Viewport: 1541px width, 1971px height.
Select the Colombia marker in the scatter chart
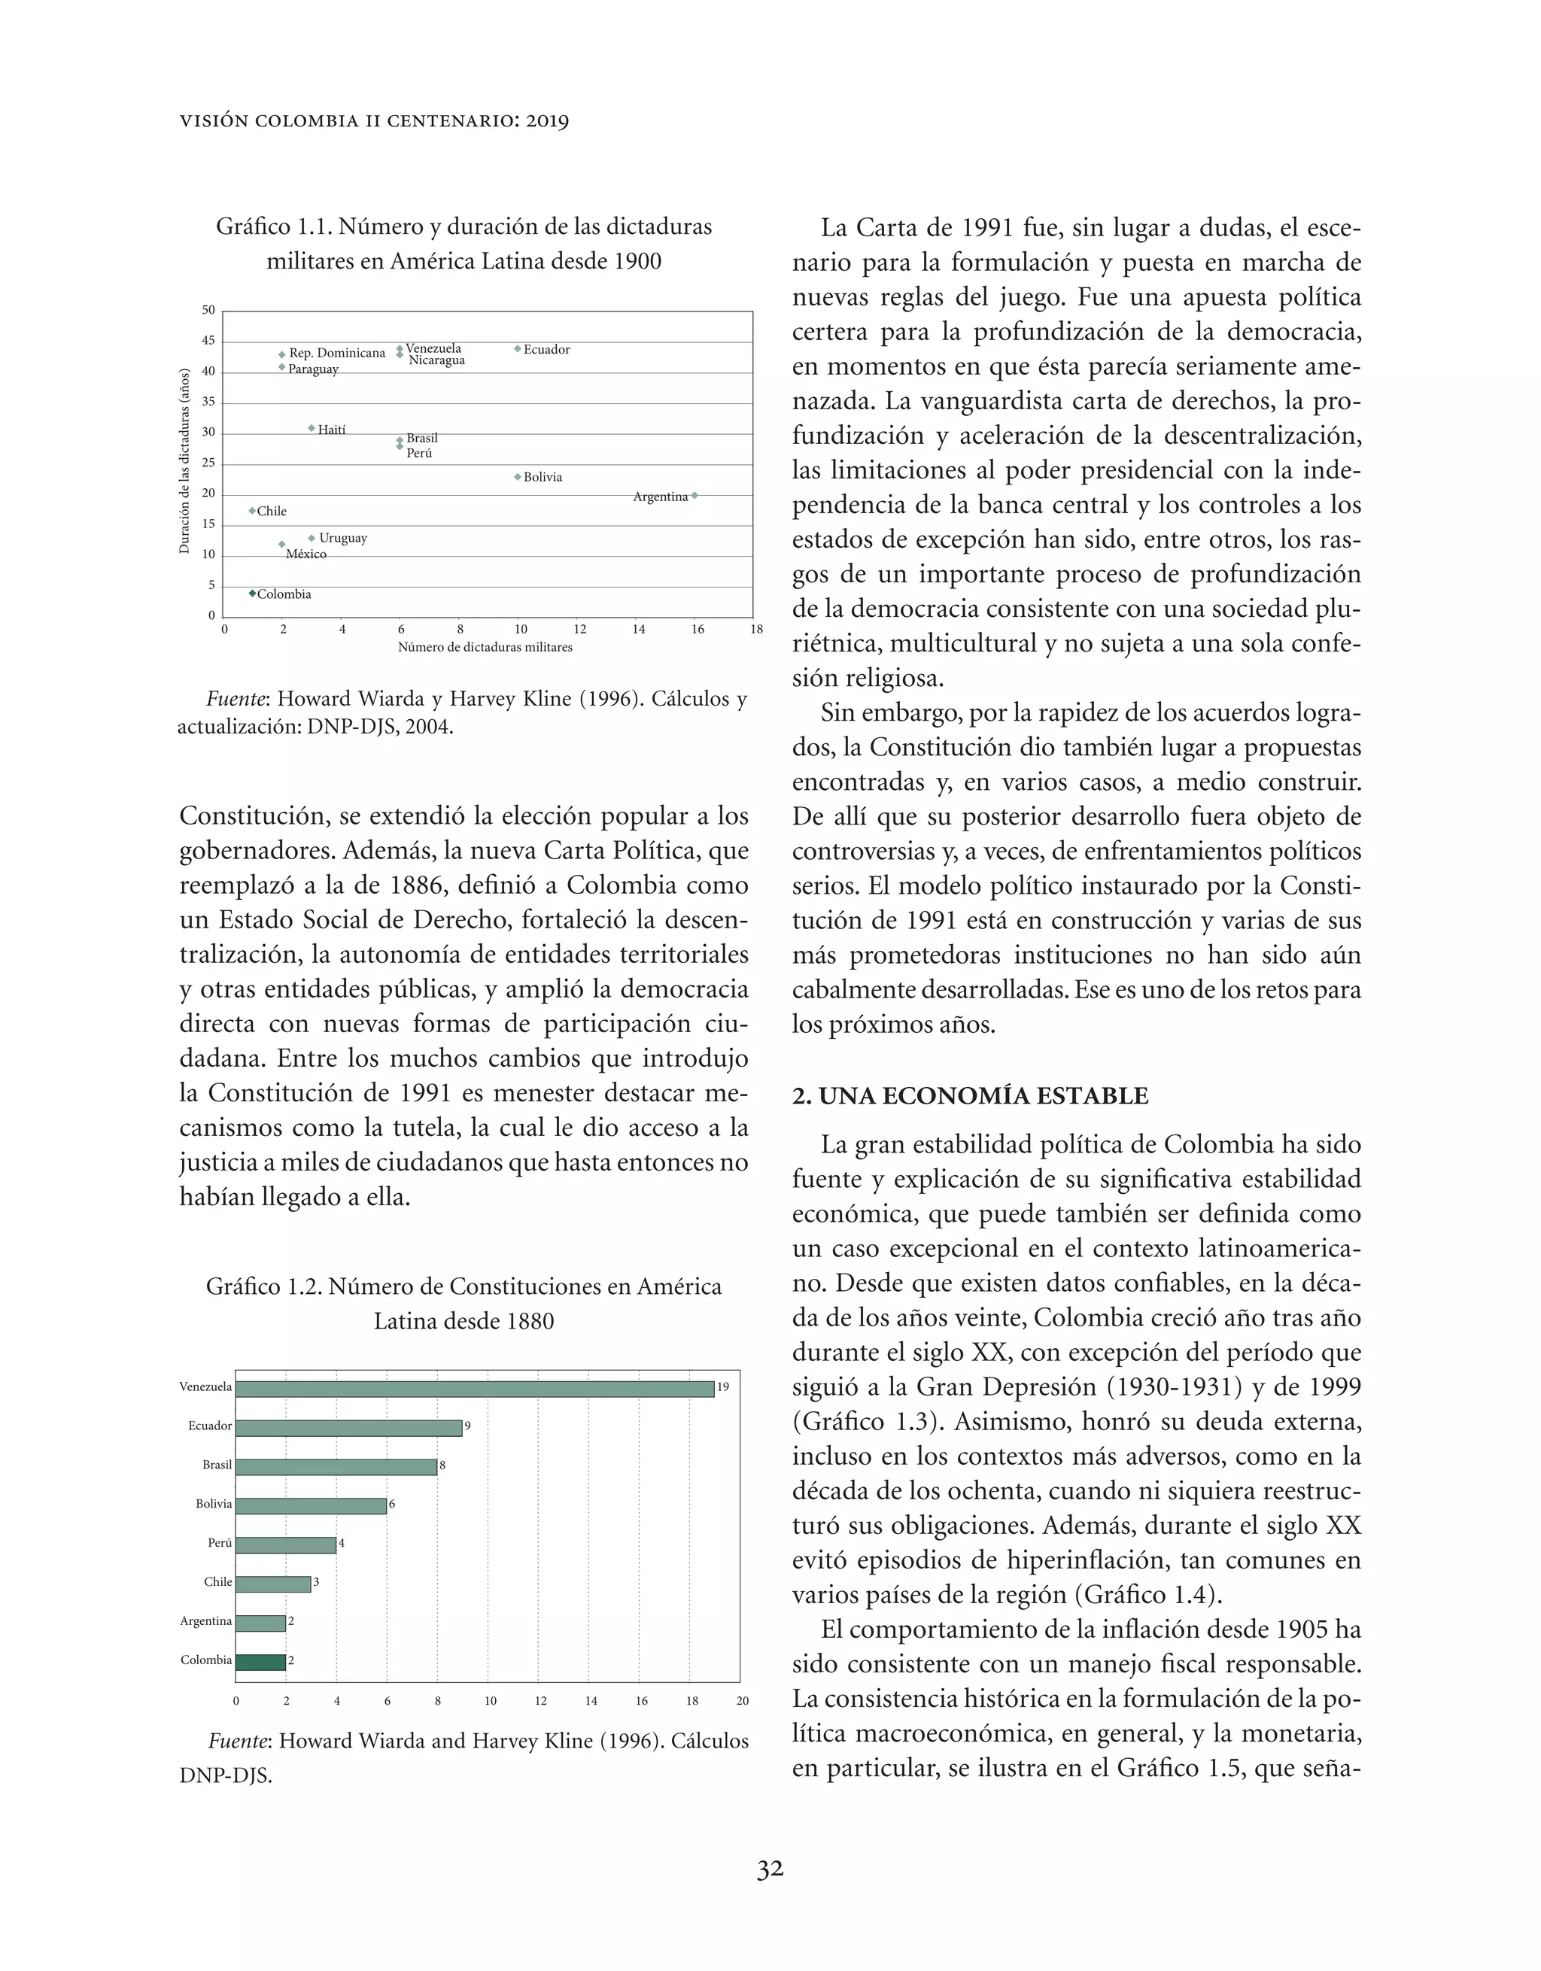click(x=252, y=593)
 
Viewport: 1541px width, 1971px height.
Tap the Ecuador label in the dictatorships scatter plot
click(x=546, y=349)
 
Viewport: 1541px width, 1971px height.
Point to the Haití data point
click(x=312, y=428)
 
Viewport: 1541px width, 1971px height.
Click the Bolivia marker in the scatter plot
click(x=517, y=476)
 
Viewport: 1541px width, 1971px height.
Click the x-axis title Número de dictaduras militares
click(x=485, y=647)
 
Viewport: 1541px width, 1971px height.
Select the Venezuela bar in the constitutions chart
click(x=474, y=1388)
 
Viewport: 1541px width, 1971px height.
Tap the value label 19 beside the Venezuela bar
click(x=723, y=1387)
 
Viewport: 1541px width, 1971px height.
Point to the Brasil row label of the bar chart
click(x=217, y=1465)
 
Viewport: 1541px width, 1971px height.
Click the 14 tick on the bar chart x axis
click(x=591, y=1701)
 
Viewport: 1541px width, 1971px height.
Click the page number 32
click(x=769, y=1869)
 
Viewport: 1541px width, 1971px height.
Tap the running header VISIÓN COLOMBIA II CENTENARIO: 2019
click(x=374, y=121)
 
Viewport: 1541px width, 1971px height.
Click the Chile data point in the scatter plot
click(x=252, y=511)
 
